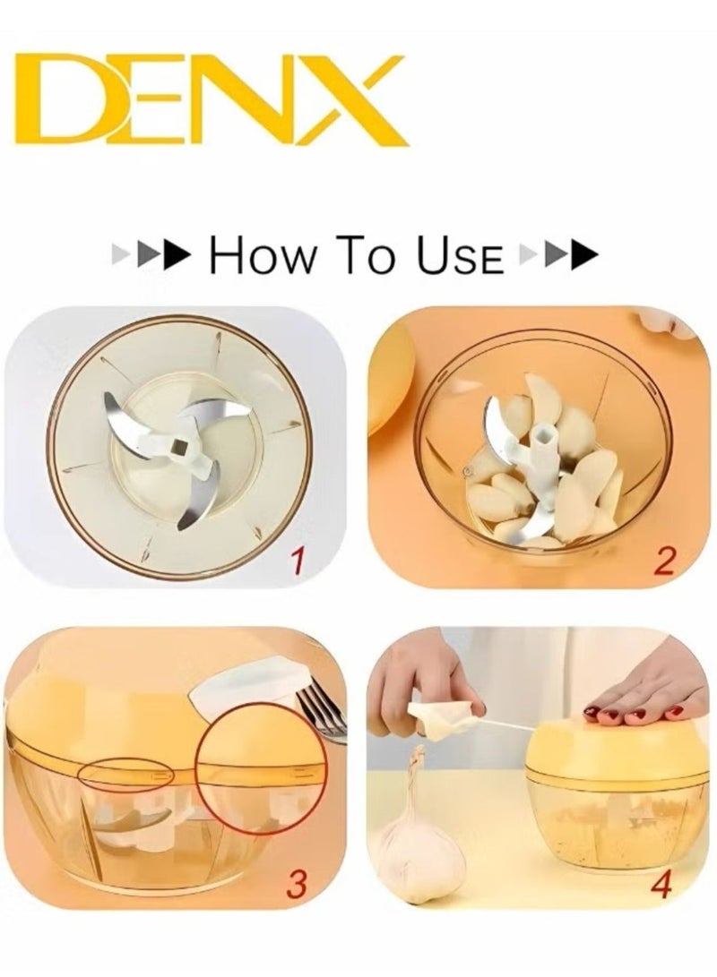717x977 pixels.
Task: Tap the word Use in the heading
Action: coord(461,256)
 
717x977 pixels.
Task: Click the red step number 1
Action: coord(298,563)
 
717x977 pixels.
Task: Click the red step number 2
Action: coord(664,561)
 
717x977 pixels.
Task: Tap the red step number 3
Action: coord(297,881)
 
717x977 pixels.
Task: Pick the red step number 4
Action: coord(661,885)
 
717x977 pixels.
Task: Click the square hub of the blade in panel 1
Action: coord(181,445)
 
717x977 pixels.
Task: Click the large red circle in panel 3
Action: coord(260,769)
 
